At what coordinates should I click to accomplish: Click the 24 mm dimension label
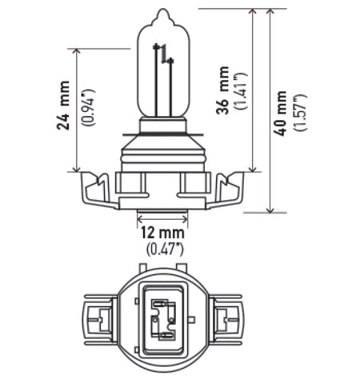point(62,108)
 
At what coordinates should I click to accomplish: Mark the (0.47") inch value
point(164,247)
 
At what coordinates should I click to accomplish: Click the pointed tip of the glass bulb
point(164,12)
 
